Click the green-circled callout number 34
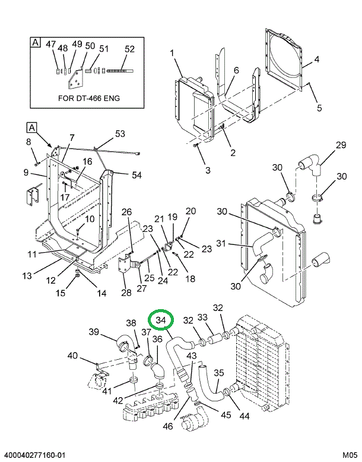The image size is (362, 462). click(161, 321)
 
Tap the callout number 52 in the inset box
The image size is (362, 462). click(129, 49)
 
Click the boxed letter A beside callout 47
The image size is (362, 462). click(36, 43)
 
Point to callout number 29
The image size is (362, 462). click(340, 146)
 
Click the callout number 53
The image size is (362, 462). click(120, 133)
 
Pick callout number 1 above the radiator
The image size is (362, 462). click(172, 54)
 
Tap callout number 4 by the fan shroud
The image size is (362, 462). click(317, 59)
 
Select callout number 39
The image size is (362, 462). click(94, 331)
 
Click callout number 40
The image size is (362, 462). click(72, 356)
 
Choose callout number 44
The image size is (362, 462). click(244, 415)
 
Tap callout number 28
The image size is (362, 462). click(126, 292)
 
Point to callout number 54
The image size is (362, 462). click(136, 175)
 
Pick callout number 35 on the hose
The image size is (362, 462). click(218, 373)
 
